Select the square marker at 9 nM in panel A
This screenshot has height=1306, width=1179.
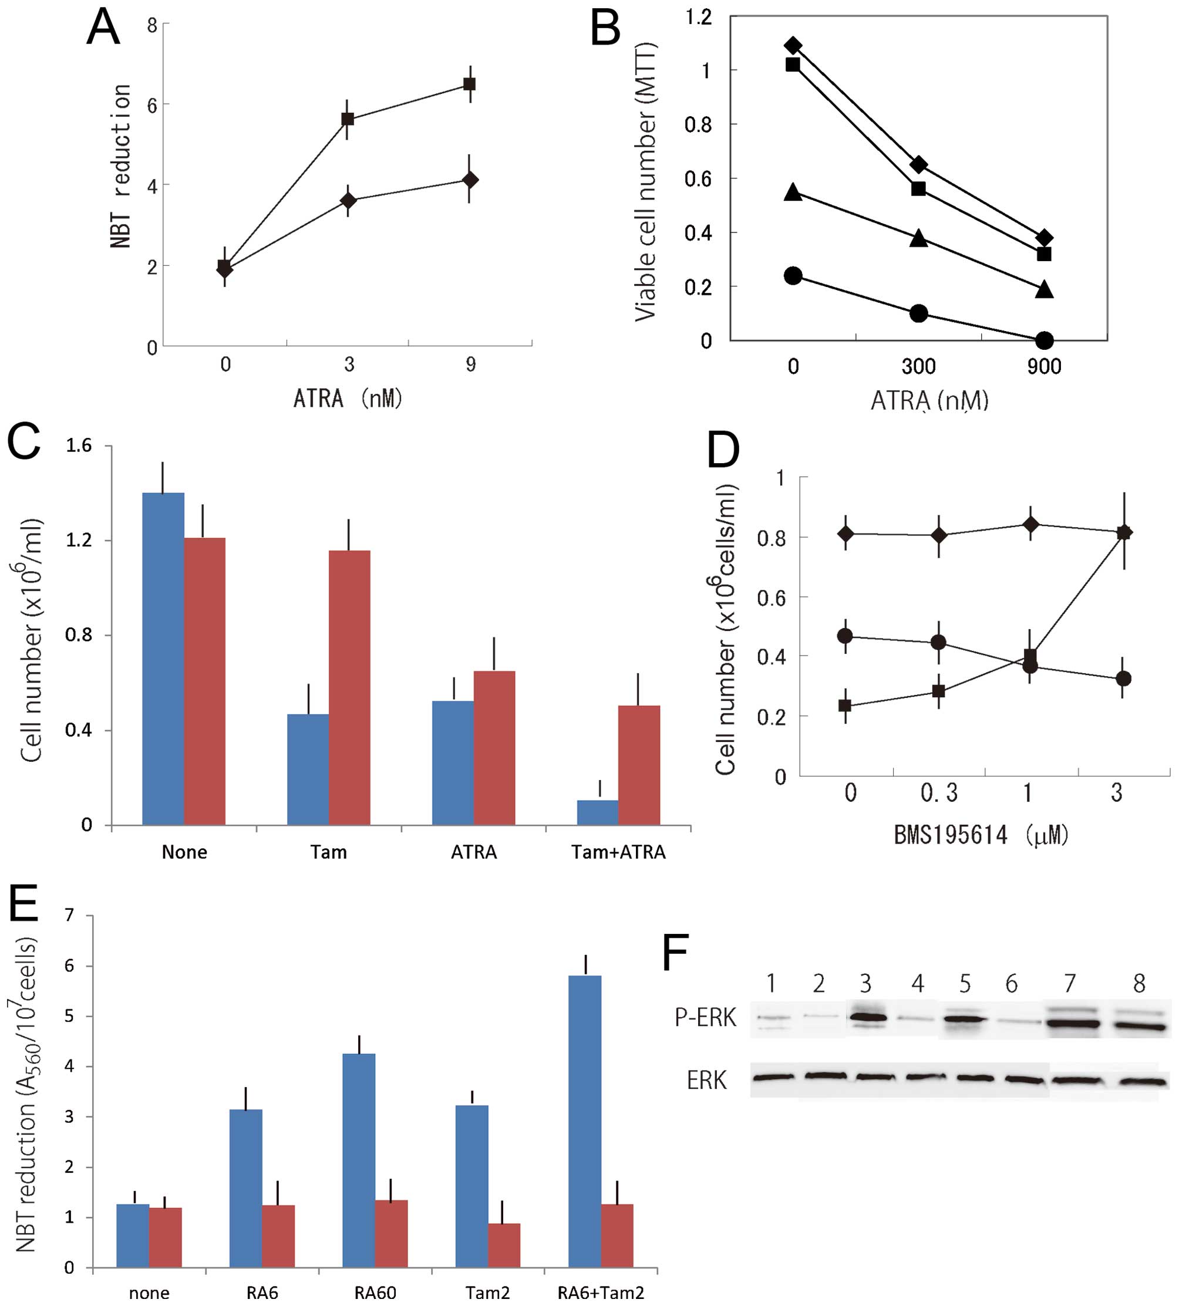tap(470, 84)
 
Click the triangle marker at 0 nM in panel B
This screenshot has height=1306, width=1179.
tap(793, 193)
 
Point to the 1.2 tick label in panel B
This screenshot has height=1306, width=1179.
tap(698, 18)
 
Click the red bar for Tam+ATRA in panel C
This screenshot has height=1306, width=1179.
tap(639, 765)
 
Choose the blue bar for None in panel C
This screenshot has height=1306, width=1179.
tap(163, 659)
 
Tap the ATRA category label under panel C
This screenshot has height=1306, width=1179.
tap(474, 852)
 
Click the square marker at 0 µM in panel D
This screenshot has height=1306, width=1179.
tap(845, 705)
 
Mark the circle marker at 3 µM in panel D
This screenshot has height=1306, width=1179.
tap(1124, 679)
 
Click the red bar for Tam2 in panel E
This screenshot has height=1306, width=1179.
tap(504, 1244)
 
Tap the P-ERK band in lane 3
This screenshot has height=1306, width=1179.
tap(866, 1017)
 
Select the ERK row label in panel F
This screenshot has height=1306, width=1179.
tap(707, 1080)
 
